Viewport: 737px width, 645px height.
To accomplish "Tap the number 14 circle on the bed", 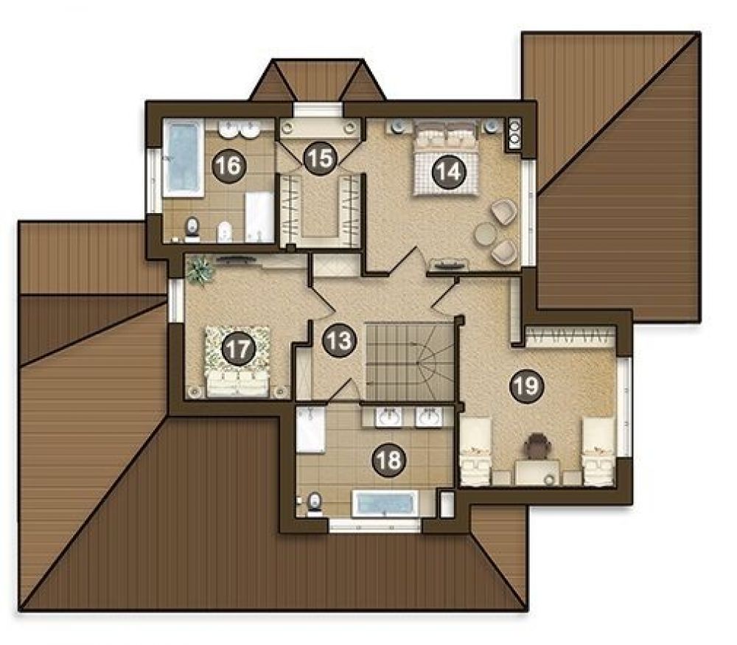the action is [449, 172].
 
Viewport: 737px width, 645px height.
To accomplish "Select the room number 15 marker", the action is [321, 159].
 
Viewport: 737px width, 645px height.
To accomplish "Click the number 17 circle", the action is [238, 349].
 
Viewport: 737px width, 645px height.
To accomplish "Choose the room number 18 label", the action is [389, 460].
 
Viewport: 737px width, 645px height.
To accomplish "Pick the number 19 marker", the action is [527, 386].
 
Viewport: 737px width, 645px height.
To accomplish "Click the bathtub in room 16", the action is [184, 158].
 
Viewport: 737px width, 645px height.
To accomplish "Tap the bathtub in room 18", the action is [385, 504].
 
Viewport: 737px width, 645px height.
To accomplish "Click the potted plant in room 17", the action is [199, 271].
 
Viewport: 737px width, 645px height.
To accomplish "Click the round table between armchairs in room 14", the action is [485, 234].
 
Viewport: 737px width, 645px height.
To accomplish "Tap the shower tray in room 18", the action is [310, 430].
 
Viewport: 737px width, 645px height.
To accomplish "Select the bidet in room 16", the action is [225, 231].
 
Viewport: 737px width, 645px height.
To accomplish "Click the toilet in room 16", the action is [192, 228].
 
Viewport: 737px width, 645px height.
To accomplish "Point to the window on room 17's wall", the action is [175, 301].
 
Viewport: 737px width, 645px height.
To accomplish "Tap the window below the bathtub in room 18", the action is [374, 526].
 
